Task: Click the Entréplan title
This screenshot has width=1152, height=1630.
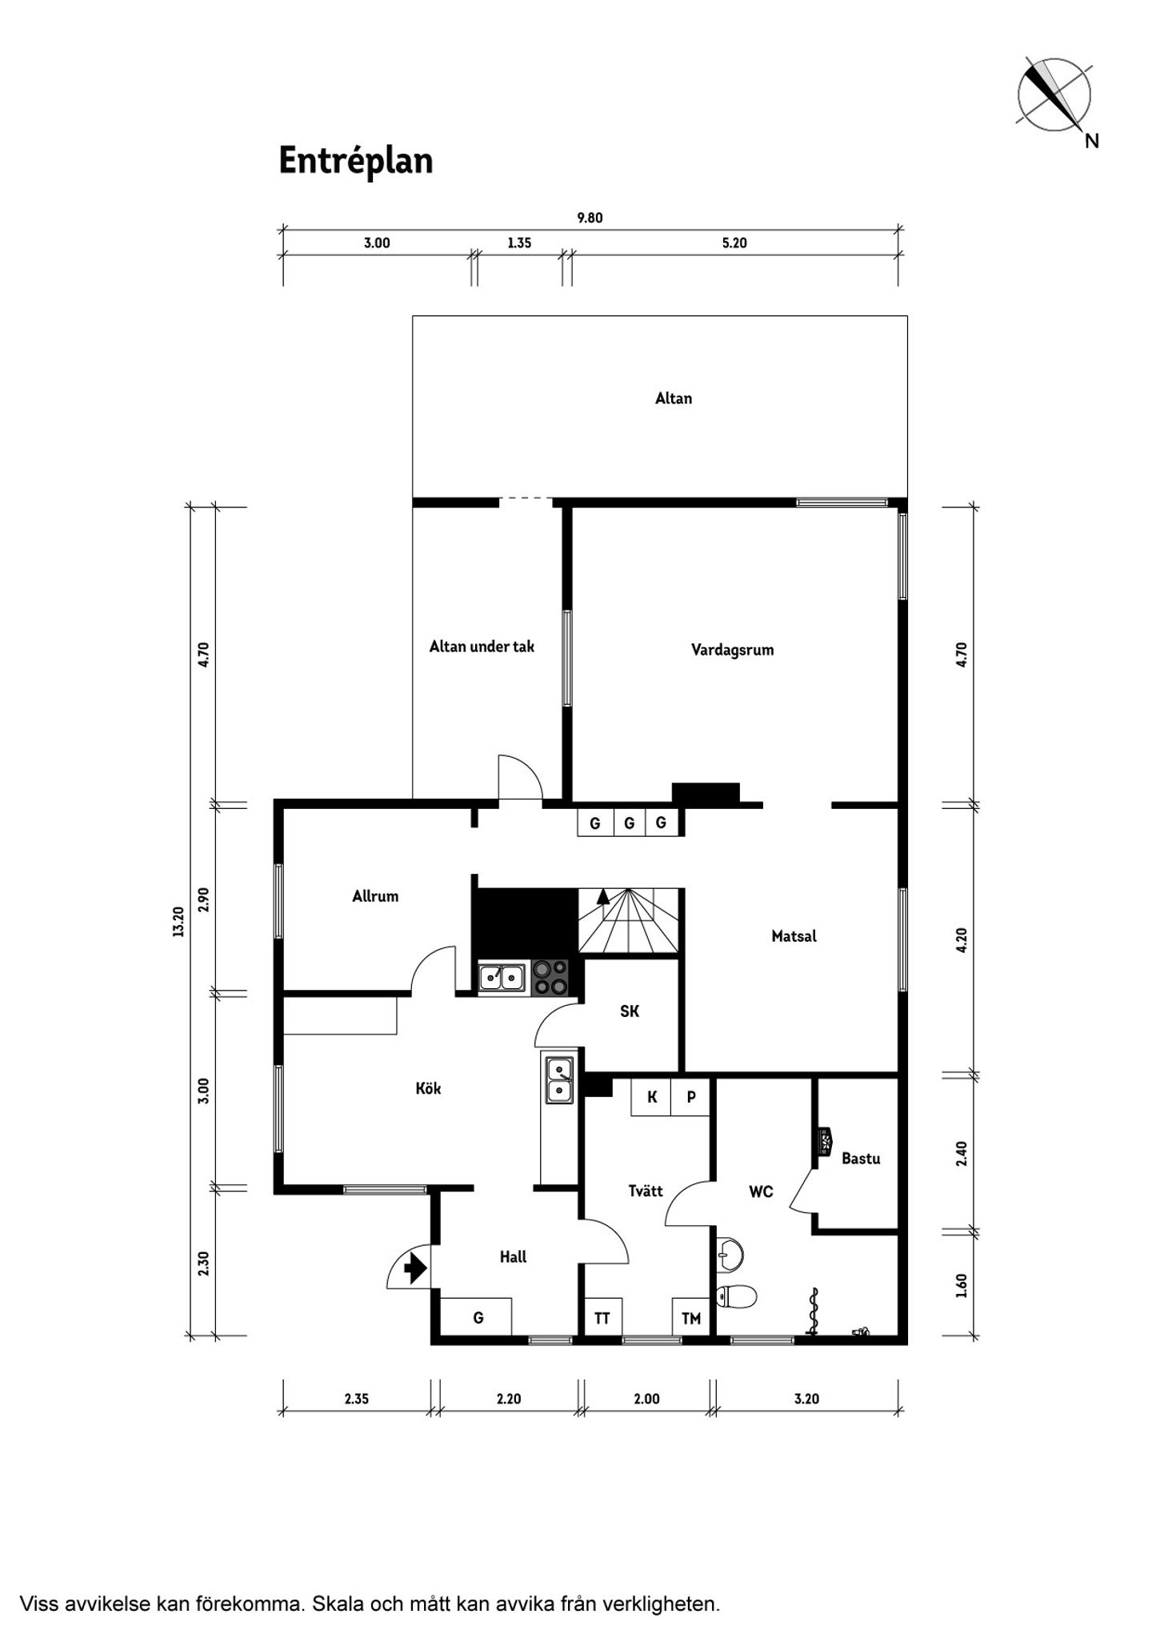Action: click(356, 162)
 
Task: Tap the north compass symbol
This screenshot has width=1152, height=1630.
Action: click(1054, 94)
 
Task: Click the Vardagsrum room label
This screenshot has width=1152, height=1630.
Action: click(733, 650)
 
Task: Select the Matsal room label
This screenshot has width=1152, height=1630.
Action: click(794, 935)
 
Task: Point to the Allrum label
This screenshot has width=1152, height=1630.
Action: click(375, 896)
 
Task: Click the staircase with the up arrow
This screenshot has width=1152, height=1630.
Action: click(629, 921)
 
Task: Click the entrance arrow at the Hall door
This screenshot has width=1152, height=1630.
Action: click(414, 1268)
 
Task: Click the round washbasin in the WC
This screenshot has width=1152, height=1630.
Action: click(730, 1254)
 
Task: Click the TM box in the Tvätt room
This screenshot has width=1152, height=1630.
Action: click(690, 1317)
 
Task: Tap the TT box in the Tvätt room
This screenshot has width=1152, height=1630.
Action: click(602, 1317)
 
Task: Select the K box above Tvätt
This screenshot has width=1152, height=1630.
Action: click(651, 1097)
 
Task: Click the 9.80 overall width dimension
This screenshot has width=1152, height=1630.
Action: click(590, 218)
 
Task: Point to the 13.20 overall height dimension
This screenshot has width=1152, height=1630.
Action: click(178, 921)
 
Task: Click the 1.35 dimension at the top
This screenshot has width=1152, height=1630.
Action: click(519, 243)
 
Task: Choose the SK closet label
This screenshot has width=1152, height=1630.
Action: click(630, 1011)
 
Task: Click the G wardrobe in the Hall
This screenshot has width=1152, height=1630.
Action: click(477, 1317)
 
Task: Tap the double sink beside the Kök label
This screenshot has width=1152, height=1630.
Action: click(559, 1081)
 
